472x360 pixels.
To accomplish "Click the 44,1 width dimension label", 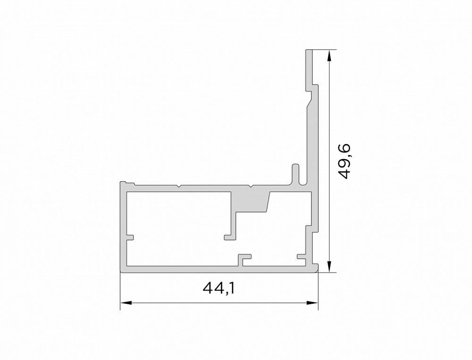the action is (x=219, y=288).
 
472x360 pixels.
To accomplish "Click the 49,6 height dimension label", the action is (x=344, y=161).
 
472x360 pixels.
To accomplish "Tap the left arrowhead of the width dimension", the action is (x=126, y=302).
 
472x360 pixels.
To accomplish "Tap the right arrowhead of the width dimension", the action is (x=312, y=302).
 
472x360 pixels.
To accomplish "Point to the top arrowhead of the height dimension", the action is (x=330, y=56).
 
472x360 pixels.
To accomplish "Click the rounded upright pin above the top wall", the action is (x=295, y=174).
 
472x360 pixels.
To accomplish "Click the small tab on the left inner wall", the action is (x=130, y=237).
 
